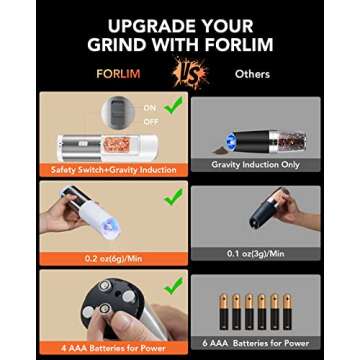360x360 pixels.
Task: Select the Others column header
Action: pyautogui.click(x=252, y=73)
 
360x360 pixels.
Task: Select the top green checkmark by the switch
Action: pyautogui.click(x=172, y=103)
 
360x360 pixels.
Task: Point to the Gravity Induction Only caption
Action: pyautogui.click(x=255, y=164)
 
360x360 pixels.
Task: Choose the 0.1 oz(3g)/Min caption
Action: pyautogui.click(x=255, y=253)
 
